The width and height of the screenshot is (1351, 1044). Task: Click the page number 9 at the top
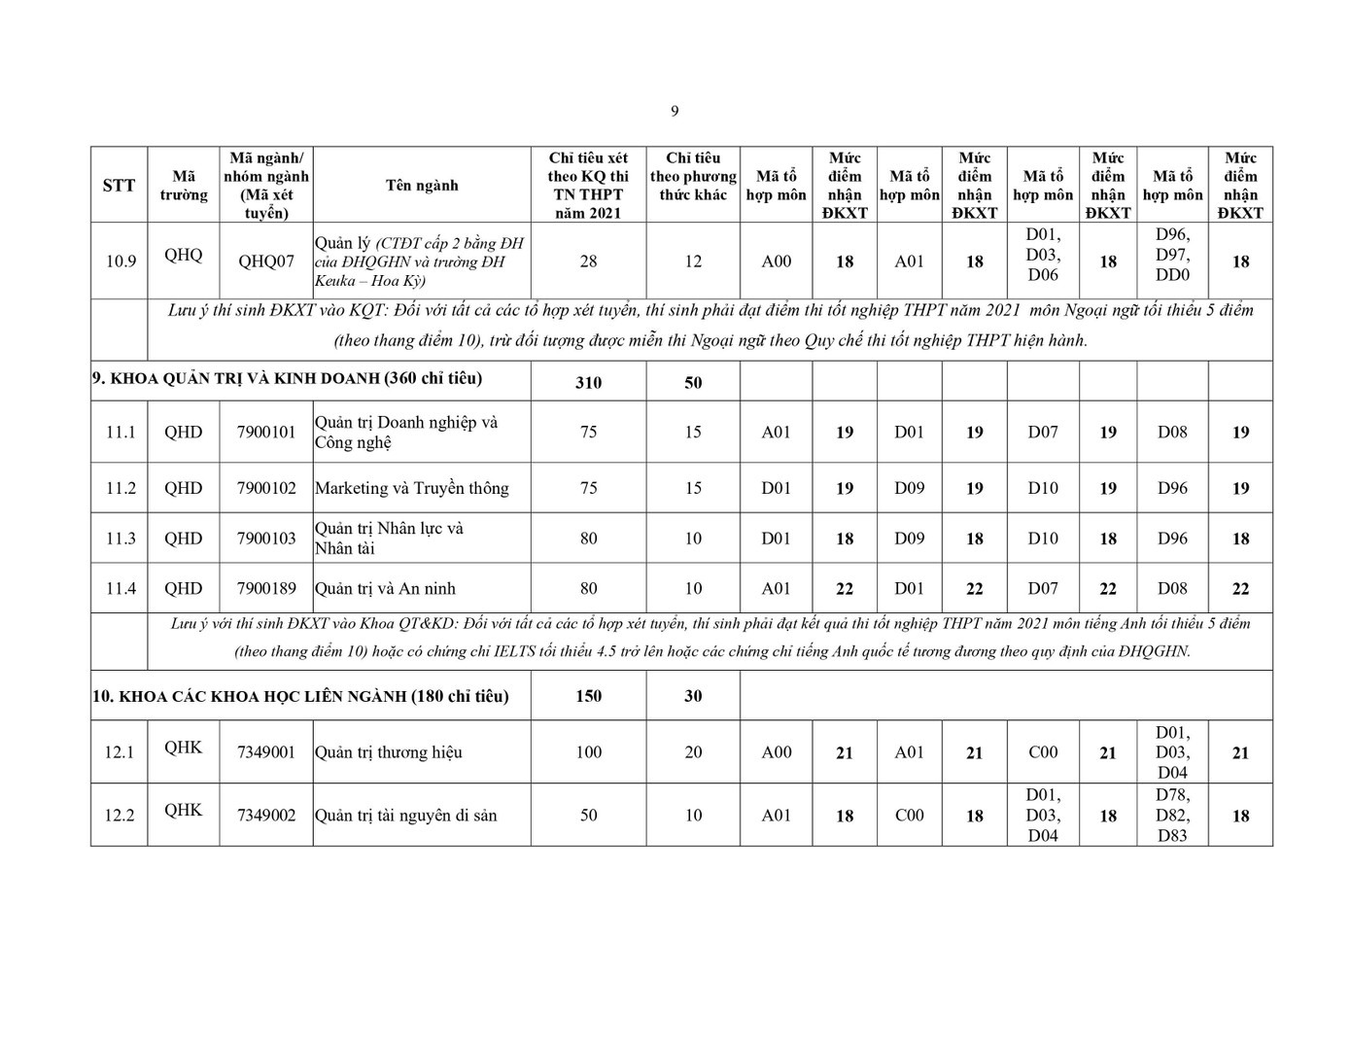coord(675,111)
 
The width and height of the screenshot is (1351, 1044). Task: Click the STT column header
coord(119,185)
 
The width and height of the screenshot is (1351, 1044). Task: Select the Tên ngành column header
coord(421,185)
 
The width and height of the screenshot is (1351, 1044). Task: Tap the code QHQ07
coord(266,261)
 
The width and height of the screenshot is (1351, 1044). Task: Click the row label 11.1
coord(120,432)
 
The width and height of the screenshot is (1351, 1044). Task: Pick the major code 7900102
coord(266,488)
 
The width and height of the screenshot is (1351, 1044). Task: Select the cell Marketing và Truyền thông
coord(411,488)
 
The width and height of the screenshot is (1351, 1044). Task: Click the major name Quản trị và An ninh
coord(385,588)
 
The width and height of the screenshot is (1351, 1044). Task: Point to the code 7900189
coord(266,588)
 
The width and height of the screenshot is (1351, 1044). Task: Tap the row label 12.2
coord(120,815)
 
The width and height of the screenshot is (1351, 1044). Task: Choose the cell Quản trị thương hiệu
coord(388,752)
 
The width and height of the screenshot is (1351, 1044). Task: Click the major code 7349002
coord(266,815)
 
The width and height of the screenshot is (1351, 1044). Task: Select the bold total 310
coord(588,383)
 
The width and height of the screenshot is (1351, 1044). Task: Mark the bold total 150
coord(588,696)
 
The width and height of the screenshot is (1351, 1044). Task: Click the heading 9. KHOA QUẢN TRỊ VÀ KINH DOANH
coord(287,379)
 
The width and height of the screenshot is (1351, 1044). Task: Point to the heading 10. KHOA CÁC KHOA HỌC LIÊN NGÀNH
coord(300,696)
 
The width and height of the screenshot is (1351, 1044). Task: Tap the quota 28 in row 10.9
coord(588,261)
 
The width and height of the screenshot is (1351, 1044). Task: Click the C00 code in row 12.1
coord(1043,752)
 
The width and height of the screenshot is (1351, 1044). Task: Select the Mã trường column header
coord(184,185)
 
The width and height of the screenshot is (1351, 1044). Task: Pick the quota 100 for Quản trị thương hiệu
coord(588,752)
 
